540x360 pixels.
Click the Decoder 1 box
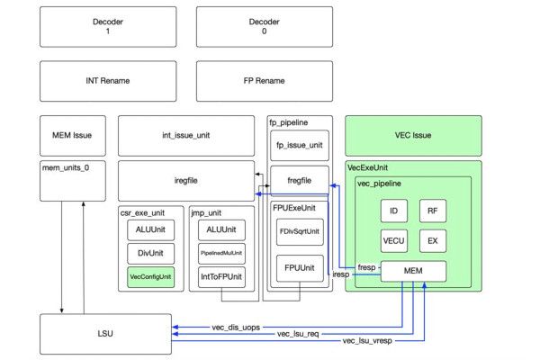[x=107, y=25]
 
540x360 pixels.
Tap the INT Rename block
[x=107, y=80]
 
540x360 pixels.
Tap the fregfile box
[x=299, y=181]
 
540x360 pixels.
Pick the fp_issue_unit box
[x=299, y=145]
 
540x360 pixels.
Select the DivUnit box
[x=149, y=254]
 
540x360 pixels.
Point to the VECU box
[x=394, y=240]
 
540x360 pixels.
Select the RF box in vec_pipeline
[x=433, y=211]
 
